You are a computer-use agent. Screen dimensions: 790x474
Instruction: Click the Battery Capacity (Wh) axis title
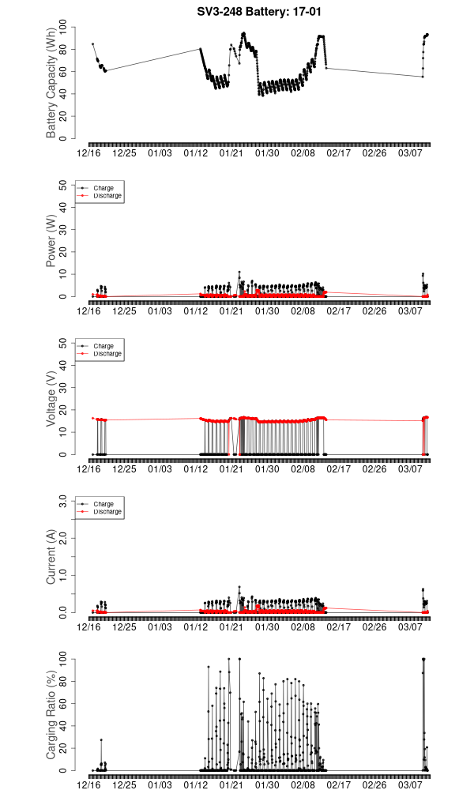[51, 84]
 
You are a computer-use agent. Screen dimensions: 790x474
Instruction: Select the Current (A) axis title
[51, 557]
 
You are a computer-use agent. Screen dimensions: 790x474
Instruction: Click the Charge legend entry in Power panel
[103, 188]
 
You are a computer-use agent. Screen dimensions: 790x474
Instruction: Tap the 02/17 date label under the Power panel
[340, 311]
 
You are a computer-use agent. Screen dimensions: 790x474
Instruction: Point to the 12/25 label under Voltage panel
[125, 469]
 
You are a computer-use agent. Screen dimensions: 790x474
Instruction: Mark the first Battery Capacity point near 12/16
[92, 44]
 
